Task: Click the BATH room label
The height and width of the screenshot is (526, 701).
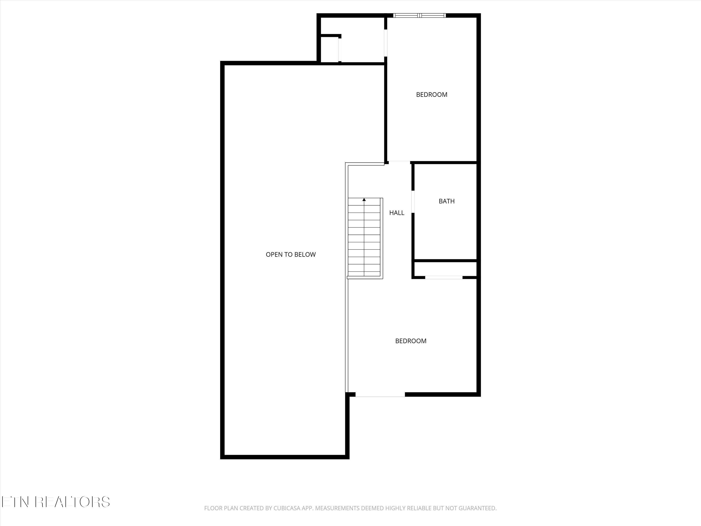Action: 447,201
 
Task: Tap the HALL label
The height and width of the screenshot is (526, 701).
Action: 397,213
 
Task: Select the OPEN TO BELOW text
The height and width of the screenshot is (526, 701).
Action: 291,254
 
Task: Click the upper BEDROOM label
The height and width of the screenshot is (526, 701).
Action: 432,94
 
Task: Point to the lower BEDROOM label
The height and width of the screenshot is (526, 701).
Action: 411,341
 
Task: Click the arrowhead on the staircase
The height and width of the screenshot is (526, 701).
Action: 364,200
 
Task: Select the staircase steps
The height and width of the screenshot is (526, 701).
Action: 364,238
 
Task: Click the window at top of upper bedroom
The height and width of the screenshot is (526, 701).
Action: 419,15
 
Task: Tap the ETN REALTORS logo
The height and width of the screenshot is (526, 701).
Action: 55,502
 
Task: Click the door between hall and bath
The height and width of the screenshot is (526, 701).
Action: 413,202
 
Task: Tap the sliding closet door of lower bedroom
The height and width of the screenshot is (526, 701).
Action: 444,277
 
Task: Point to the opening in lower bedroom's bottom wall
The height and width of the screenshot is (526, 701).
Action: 380,394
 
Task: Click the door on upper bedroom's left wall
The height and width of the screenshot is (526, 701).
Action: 386,43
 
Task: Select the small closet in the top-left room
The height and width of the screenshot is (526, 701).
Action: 329,50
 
